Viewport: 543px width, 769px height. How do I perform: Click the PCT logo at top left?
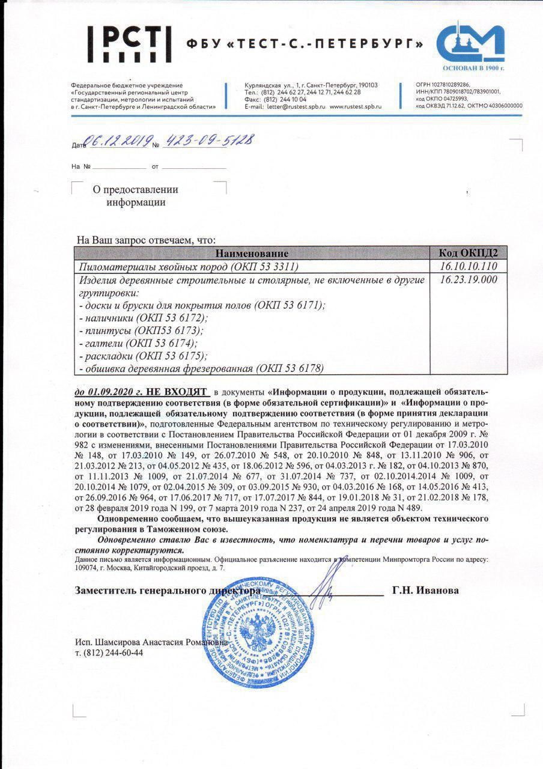[x=129, y=44]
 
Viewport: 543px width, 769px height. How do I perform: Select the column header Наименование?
[x=252, y=254]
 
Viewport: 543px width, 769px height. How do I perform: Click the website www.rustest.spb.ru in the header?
[x=356, y=106]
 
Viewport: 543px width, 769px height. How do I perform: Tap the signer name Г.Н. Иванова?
[x=425, y=590]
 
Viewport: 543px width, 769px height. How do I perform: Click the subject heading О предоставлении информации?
[x=135, y=196]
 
